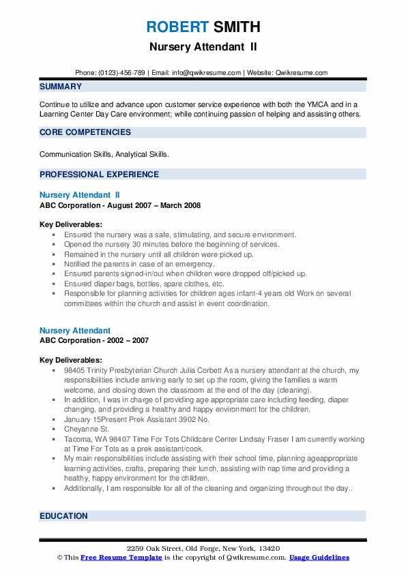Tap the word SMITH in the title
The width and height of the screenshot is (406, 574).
pyautogui.click(x=235, y=27)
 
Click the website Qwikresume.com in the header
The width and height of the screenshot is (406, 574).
pyautogui.click(x=302, y=73)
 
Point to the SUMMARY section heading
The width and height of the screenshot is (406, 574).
pyautogui.click(x=61, y=87)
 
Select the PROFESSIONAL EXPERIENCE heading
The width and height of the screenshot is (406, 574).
pyautogui.click(x=99, y=175)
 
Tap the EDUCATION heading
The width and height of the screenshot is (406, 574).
pyautogui.click(x=64, y=516)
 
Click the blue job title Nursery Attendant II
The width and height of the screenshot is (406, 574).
pyautogui.click(x=80, y=195)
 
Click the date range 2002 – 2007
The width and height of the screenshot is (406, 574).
pyautogui.click(x=129, y=340)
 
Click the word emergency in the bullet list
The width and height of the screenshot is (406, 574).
pyautogui.click(x=194, y=264)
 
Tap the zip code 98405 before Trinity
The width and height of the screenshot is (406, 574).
pyautogui.click(x=76, y=370)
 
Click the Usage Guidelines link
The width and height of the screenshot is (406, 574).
pyautogui.click(x=319, y=558)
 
